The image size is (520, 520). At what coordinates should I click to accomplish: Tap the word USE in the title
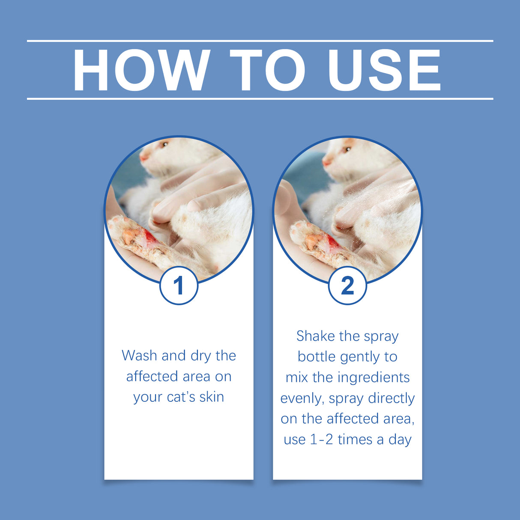(x=384, y=71)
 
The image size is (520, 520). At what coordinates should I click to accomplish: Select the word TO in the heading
(x=267, y=71)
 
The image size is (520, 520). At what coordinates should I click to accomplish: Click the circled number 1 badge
(x=179, y=286)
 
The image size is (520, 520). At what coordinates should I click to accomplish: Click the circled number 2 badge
(x=347, y=286)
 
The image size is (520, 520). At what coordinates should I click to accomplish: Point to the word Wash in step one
(x=139, y=356)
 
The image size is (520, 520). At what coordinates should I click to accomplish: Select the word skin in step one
(x=212, y=397)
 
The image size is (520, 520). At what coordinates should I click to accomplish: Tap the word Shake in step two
(x=315, y=336)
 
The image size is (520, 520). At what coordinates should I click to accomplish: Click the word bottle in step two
(x=317, y=357)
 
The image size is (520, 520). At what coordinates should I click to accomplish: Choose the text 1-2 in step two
(x=321, y=440)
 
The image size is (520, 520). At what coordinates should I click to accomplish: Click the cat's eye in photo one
(x=164, y=145)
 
